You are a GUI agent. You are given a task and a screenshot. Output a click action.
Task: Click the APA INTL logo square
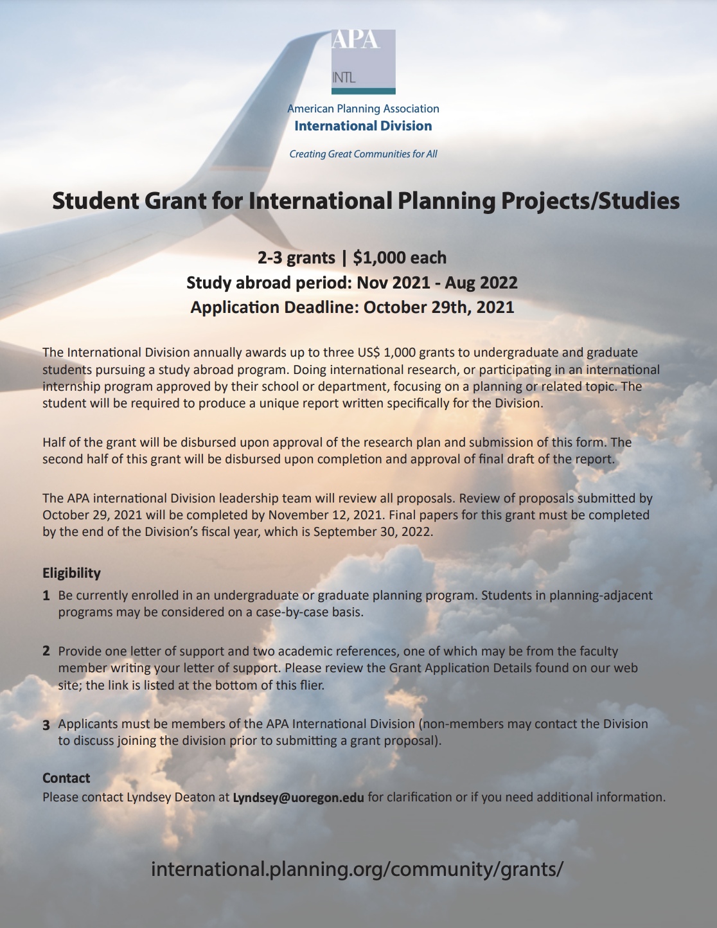coord(363,62)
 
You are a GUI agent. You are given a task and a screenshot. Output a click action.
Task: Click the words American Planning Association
coord(363,109)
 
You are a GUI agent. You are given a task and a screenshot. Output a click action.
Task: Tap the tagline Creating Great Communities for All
coord(363,154)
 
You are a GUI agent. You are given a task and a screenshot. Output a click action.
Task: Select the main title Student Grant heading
coord(366,201)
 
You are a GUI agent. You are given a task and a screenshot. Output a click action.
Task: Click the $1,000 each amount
coord(400,258)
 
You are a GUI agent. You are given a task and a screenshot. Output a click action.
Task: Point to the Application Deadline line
coord(352,307)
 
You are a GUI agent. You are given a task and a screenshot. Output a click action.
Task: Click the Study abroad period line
coord(352,283)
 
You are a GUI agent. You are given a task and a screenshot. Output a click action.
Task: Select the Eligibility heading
coord(71,573)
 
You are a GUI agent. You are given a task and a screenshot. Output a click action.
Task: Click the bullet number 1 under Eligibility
coord(46,596)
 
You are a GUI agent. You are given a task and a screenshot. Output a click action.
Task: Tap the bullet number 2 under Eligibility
coord(46,651)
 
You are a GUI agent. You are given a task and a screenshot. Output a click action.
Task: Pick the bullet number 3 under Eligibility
coord(46,725)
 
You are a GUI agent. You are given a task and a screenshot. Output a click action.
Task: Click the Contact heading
coord(66,778)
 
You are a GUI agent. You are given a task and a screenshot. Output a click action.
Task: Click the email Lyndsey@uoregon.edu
coord(298,798)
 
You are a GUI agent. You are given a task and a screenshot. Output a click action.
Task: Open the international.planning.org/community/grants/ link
coord(357,869)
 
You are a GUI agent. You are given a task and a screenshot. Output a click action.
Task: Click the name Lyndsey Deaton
coord(170,798)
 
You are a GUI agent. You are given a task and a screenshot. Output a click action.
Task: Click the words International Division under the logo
coord(363,126)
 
